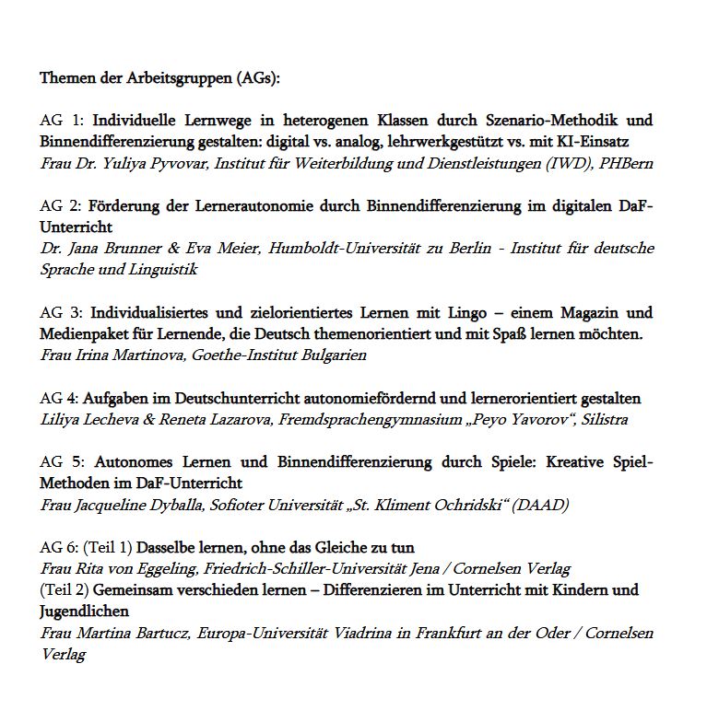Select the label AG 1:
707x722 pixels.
point(62,121)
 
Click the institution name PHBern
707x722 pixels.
point(631,163)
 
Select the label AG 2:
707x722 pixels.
point(62,205)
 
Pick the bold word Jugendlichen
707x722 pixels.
point(84,611)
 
